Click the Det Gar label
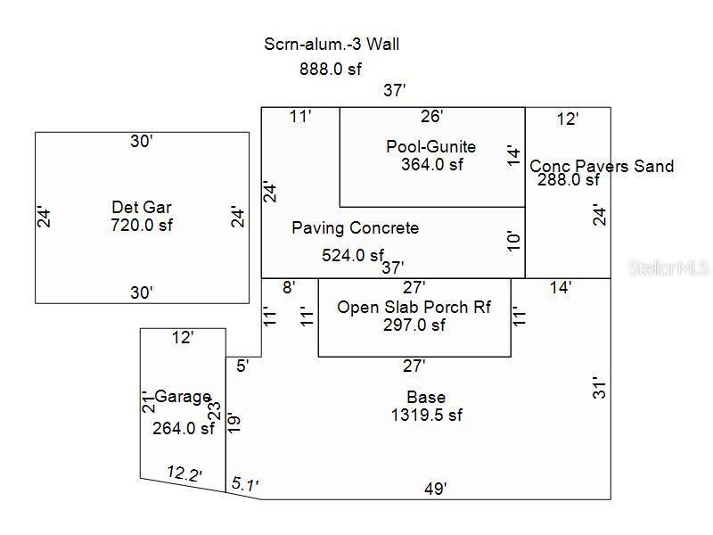pyautogui.click(x=141, y=208)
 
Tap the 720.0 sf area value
pyautogui.click(x=141, y=225)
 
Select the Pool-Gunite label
pyautogui.click(x=430, y=146)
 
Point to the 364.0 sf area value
pyautogui.click(x=432, y=164)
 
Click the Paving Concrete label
pyautogui.click(x=355, y=228)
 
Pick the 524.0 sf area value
pyautogui.click(x=352, y=255)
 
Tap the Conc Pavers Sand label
pyautogui.click(x=602, y=166)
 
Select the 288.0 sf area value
pyautogui.click(x=569, y=179)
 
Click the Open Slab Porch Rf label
pyautogui.click(x=414, y=308)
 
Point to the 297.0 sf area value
pyautogui.click(x=414, y=325)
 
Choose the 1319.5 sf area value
pyautogui.click(x=426, y=415)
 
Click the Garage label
pyautogui.click(x=183, y=397)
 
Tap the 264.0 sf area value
pyautogui.click(x=184, y=428)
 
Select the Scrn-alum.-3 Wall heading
pyautogui.click(x=338, y=44)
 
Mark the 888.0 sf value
pyautogui.click(x=332, y=69)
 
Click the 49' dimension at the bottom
pyautogui.click(x=435, y=489)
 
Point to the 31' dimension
pyautogui.click(x=601, y=387)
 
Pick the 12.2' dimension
pyautogui.click(x=184, y=473)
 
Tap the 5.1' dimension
pyautogui.click(x=244, y=484)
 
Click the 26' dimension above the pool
pyautogui.click(x=432, y=116)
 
